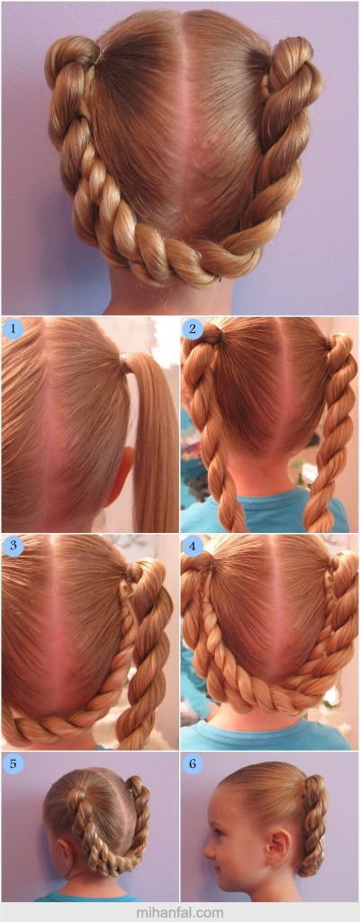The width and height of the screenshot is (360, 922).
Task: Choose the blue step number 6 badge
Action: click(192, 764)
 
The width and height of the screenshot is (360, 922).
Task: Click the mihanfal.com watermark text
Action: click(179, 913)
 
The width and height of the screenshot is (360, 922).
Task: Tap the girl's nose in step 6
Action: click(209, 848)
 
